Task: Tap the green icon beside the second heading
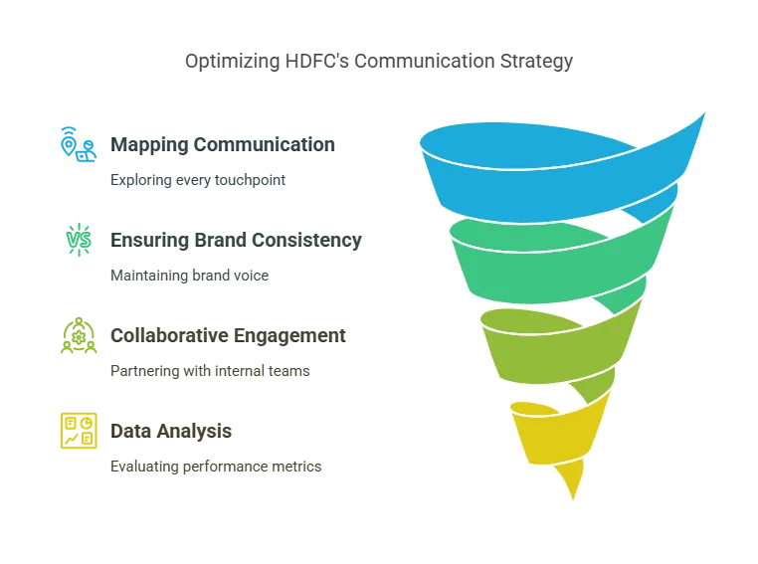(x=80, y=239)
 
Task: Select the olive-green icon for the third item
(x=77, y=336)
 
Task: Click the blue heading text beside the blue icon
(x=227, y=144)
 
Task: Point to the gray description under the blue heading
(x=195, y=182)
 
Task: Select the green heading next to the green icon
(x=237, y=240)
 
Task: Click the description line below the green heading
(x=187, y=278)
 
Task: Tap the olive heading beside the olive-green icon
(x=227, y=335)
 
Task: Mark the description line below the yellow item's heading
(x=214, y=466)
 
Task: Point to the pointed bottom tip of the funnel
(x=574, y=493)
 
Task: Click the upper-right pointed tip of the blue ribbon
(x=704, y=112)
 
